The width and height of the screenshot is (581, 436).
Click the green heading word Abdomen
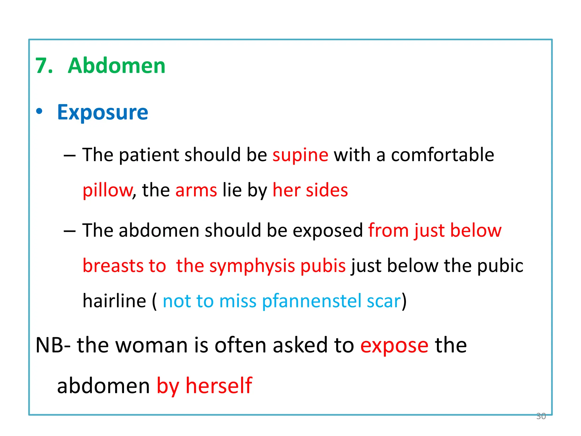[116, 66]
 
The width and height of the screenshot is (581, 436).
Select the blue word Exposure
[102, 112]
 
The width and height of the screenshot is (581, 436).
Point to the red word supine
[300, 156]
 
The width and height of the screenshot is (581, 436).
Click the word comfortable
[442, 155]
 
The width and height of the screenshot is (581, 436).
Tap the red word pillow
[107, 190]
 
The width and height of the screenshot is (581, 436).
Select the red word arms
[196, 190]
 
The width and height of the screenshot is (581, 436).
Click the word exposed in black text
[327, 230]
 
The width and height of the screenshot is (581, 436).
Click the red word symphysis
[252, 266]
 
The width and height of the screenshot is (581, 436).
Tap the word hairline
[114, 301]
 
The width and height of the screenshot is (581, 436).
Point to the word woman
[152, 345]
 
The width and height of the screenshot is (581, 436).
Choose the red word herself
[219, 386]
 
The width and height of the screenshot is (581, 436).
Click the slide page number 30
[541, 416]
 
